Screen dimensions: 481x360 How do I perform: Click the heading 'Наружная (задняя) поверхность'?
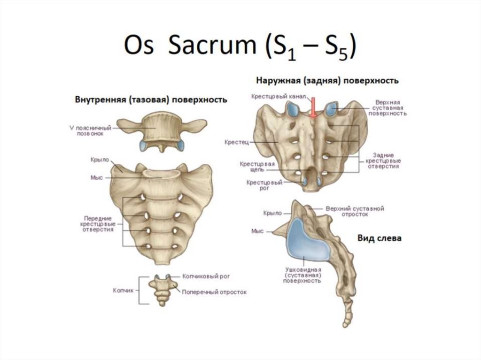(x=327, y=80)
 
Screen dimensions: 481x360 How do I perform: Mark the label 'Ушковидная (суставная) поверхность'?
(x=303, y=275)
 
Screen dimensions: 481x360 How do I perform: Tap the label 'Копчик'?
(x=123, y=291)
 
